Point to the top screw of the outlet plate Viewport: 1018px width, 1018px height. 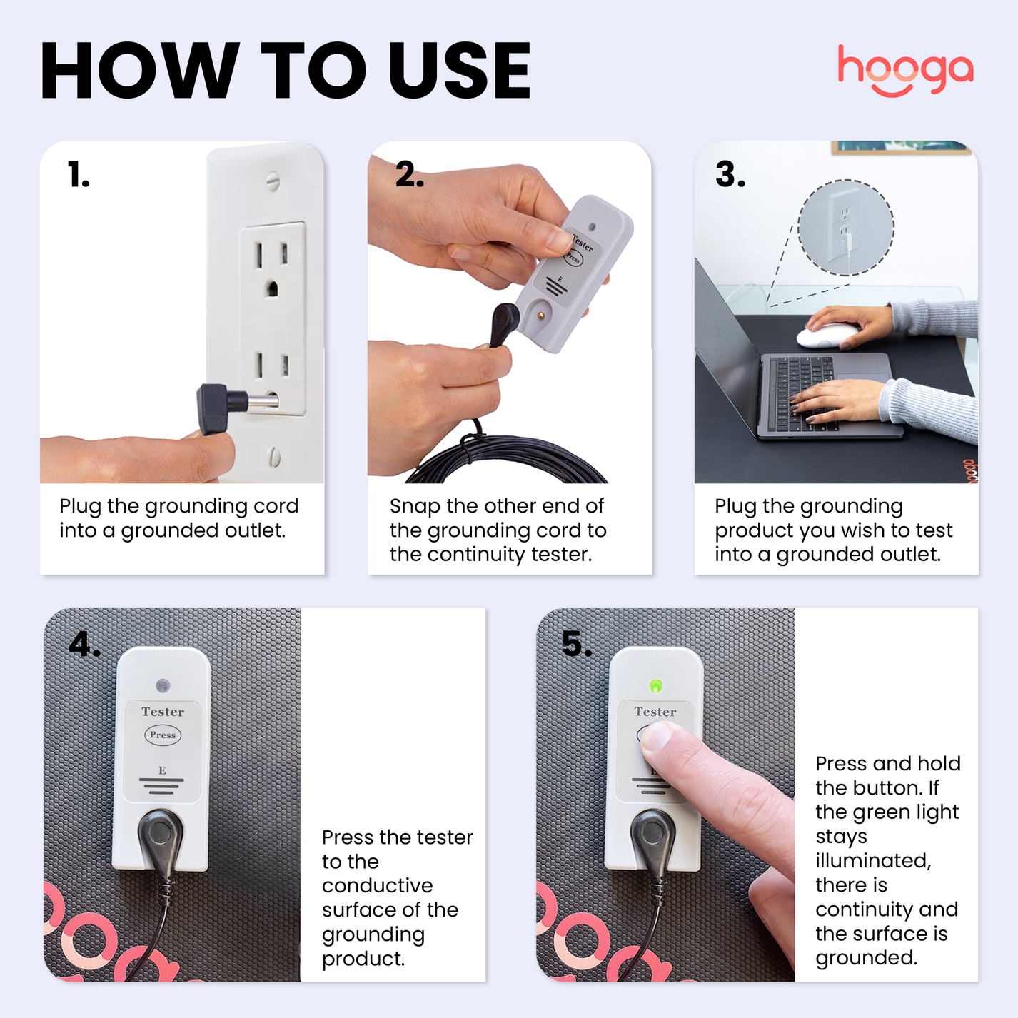pyautogui.click(x=272, y=181)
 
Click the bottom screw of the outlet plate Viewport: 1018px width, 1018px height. pyautogui.click(x=274, y=456)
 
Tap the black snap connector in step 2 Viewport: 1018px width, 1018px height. pyautogui.click(x=504, y=322)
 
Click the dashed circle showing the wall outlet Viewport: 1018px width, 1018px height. pyautogui.click(x=846, y=227)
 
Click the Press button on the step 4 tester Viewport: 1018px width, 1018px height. pyautogui.click(x=163, y=735)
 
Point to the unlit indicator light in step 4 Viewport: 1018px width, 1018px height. pyautogui.click(x=163, y=686)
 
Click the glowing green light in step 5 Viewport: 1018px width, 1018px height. pyautogui.click(x=655, y=686)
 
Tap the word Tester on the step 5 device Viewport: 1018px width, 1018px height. pyautogui.click(x=655, y=712)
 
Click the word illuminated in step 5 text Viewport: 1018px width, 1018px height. pyautogui.click(x=872, y=861)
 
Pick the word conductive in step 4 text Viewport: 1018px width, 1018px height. pyautogui.click(x=377, y=885)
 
